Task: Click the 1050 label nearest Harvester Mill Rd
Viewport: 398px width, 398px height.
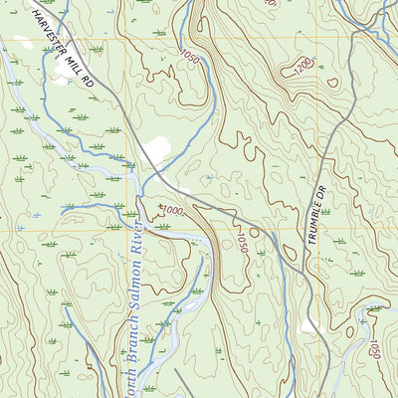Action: (189, 61)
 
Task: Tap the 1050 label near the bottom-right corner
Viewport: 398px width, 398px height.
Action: (375, 349)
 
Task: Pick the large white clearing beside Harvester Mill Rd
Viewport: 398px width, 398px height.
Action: (155, 151)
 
